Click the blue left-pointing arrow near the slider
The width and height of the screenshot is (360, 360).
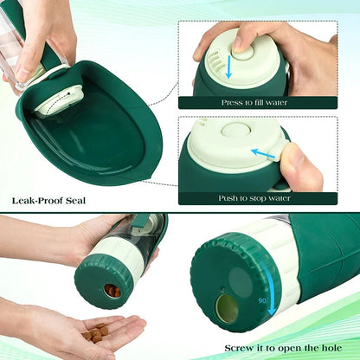(260, 152)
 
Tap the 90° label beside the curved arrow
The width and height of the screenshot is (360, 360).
(261, 301)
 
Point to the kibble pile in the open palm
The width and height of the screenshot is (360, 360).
(97, 332)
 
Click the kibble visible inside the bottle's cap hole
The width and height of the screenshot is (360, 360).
(112, 292)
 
